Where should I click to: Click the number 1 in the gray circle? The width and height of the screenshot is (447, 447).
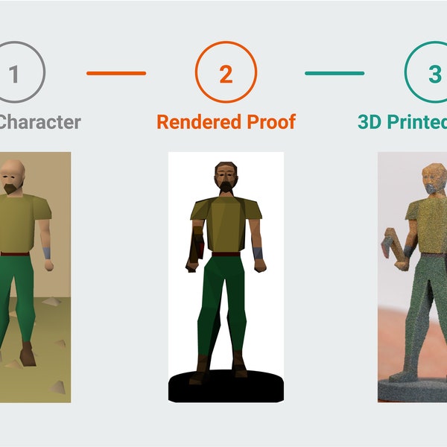(x=13, y=74)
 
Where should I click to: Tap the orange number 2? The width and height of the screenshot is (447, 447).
(x=226, y=74)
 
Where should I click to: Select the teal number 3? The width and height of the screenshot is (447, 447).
(x=434, y=74)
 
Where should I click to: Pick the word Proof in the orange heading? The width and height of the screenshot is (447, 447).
(x=270, y=121)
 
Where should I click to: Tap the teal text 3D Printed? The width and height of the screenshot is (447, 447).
(x=402, y=121)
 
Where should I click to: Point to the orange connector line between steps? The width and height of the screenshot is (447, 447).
(x=116, y=73)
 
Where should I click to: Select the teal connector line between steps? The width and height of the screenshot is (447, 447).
(x=335, y=73)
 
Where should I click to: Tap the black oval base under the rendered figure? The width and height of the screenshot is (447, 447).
(x=226, y=388)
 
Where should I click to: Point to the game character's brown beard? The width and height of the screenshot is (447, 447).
(x=10, y=189)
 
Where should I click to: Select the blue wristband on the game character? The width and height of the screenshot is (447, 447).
(x=47, y=253)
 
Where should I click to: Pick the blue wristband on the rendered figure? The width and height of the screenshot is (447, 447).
(x=259, y=253)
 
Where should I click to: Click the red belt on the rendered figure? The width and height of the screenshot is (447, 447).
(x=226, y=254)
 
